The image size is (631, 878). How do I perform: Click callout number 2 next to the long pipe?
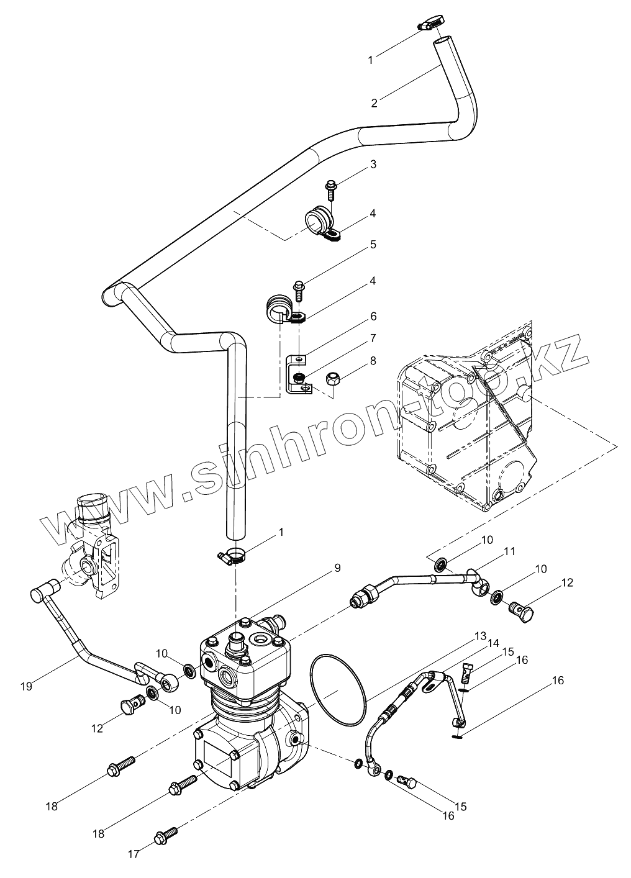click(375, 103)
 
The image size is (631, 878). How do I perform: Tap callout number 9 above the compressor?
click(337, 568)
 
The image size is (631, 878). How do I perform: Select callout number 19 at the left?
click(25, 686)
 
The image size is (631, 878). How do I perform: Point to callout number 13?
click(480, 636)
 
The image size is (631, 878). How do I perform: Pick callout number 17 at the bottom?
click(134, 854)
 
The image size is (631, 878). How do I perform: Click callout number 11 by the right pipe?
click(509, 551)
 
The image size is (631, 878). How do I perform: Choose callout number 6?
click(373, 316)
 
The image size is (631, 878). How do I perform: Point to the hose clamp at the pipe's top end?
click(429, 24)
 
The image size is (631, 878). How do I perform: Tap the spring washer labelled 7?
click(299, 377)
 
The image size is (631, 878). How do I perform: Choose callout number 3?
click(373, 165)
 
